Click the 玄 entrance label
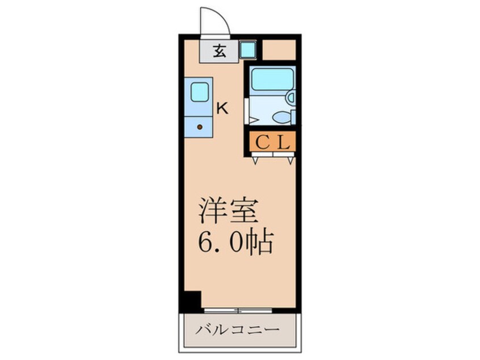pyautogui.click(x=219, y=51)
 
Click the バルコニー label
pyautogui.click(x=238, y=330)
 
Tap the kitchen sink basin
pyautogui.click(x=199, y=92)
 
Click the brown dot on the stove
pyautogui.click(x=199, y=127)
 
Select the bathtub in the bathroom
pyautogui.click(x=272, y=80)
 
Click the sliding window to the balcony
pyautogui.click(x=238, y=310)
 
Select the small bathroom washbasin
pyautogui.click(x=290, y=98)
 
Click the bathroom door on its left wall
pyautogui.click(x=246, y=111)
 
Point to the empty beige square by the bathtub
pyautogui.click(x=279, y=50)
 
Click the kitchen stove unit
pyautogui.click(x=198, y=125)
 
